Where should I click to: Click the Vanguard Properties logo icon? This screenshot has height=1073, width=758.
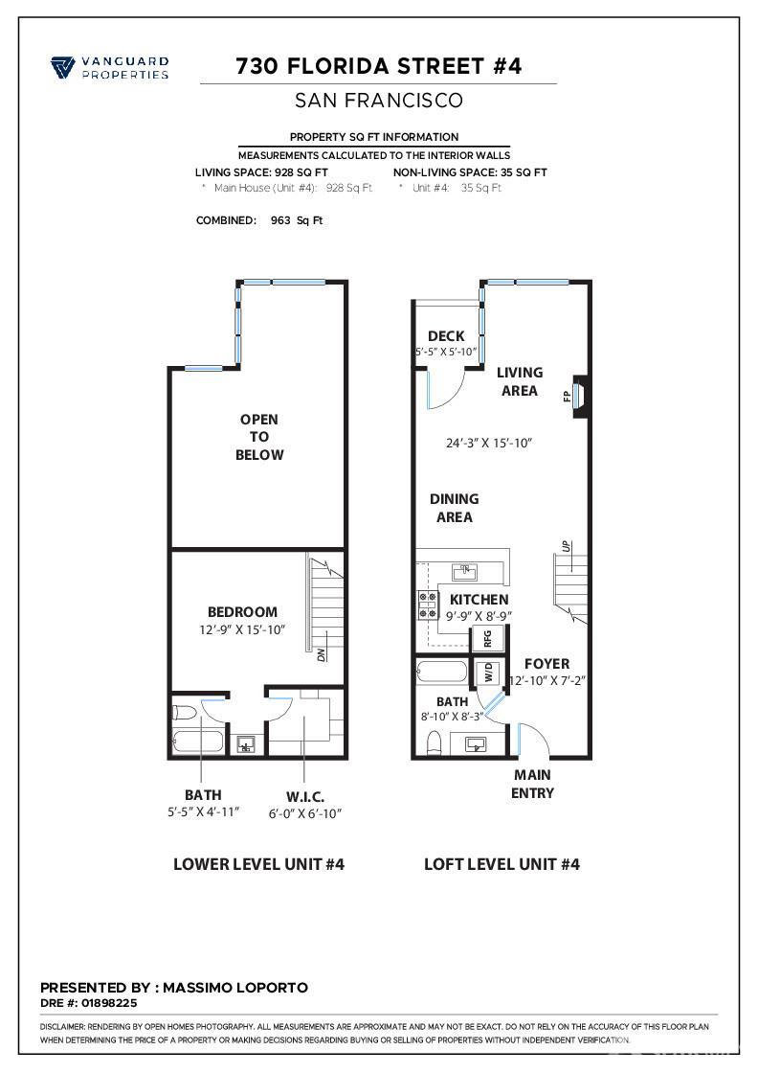pos(63,67)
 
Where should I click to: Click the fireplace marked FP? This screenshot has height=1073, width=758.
pos(580,395)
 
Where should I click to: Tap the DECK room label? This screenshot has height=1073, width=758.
pos(446,336)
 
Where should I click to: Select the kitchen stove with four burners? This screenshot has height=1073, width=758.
pos(426,606)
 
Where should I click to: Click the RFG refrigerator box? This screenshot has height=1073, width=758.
pos(487,639)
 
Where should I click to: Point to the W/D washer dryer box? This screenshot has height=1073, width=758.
pos(487,673)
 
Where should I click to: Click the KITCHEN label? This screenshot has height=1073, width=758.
pos(479,600)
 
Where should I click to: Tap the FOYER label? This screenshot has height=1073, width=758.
pos(546,664)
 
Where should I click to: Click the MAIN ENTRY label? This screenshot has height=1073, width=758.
pos(532,784)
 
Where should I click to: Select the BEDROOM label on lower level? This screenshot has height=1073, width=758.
pos(242,612)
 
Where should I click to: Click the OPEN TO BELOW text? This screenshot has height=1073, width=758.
pos(259,437)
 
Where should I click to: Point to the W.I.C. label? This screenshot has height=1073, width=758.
pos(304,796)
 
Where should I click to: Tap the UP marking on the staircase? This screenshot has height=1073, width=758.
pos(567,546)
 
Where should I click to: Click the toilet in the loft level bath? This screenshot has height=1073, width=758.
pos(434,742)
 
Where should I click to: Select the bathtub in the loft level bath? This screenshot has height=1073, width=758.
pos(441,672)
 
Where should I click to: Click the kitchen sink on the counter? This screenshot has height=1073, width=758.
pos(466,572)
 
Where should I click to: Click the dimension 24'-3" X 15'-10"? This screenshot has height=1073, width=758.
pos(488,444)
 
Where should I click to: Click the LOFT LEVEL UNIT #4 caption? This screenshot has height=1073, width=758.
pos(502,864)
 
